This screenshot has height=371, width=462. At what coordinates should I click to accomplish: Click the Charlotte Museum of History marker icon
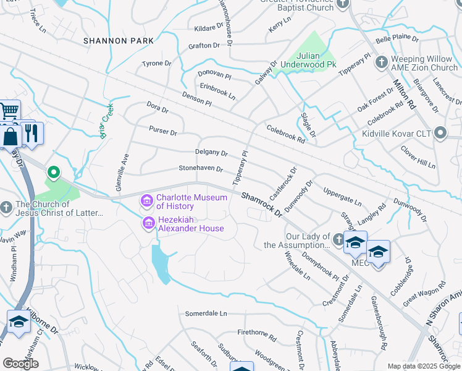point(148,201)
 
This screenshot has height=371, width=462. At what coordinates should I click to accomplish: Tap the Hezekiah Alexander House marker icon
point(148,223)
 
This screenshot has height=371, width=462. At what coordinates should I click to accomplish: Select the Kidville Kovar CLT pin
point(440,133)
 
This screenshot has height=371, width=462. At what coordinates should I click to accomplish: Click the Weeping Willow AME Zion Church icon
point(381,62)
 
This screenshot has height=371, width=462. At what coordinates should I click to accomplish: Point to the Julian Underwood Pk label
point(308,59)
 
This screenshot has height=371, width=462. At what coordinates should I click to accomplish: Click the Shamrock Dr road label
point(261,205)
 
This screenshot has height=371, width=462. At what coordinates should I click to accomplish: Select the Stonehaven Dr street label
point(200,169)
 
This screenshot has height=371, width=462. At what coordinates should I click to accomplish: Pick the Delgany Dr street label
point(211,152)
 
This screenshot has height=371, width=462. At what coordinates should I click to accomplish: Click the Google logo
point(20,363)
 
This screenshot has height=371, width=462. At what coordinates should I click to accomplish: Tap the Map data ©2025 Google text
point(424,366)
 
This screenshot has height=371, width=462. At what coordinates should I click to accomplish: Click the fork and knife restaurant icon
point(31,132)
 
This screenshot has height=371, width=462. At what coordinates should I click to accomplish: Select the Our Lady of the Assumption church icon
point(338,239)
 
